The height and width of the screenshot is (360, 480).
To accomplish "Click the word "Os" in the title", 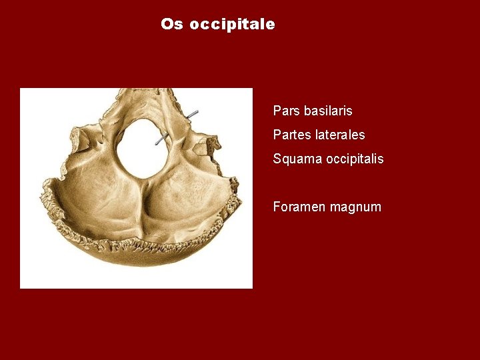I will tap(171, 25).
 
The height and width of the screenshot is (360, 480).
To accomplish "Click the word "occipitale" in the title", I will tap(232, 25).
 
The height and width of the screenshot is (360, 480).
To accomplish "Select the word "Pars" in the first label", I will tap(286, 111).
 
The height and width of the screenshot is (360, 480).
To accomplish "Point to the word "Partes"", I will tap(292, 135).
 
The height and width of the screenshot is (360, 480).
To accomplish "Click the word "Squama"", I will tap(296, 159).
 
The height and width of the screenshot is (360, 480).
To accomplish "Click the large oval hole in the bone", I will tap(143, 148).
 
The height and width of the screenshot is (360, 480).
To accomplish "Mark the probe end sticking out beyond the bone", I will tap(194, 114).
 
